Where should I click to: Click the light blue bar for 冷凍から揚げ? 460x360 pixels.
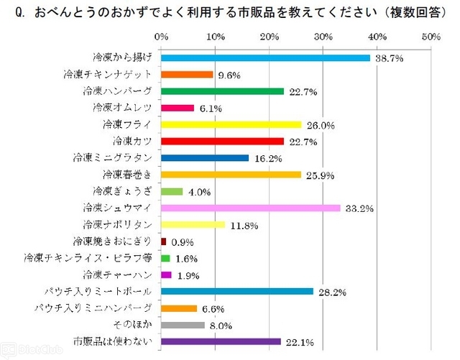click(265, 57)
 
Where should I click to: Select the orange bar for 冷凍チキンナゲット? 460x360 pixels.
click(187, 74)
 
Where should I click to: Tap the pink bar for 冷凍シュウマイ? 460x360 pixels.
click(250, 208)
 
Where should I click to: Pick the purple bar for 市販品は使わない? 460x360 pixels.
click(221, 341)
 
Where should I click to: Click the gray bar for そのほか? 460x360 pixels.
click(183, 324)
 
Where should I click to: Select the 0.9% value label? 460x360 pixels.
click(183, 243)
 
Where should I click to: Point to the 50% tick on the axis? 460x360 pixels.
click(431, 37)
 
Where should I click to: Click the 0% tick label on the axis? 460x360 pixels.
click(161, 37)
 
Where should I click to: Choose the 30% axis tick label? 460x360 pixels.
click(323, 37)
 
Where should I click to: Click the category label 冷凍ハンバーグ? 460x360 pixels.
click(117, 91)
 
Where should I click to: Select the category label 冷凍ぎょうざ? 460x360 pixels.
click(123, 190)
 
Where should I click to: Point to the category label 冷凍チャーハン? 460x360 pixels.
click(117, 274)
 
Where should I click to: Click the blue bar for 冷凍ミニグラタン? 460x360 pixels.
click(205, 157)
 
